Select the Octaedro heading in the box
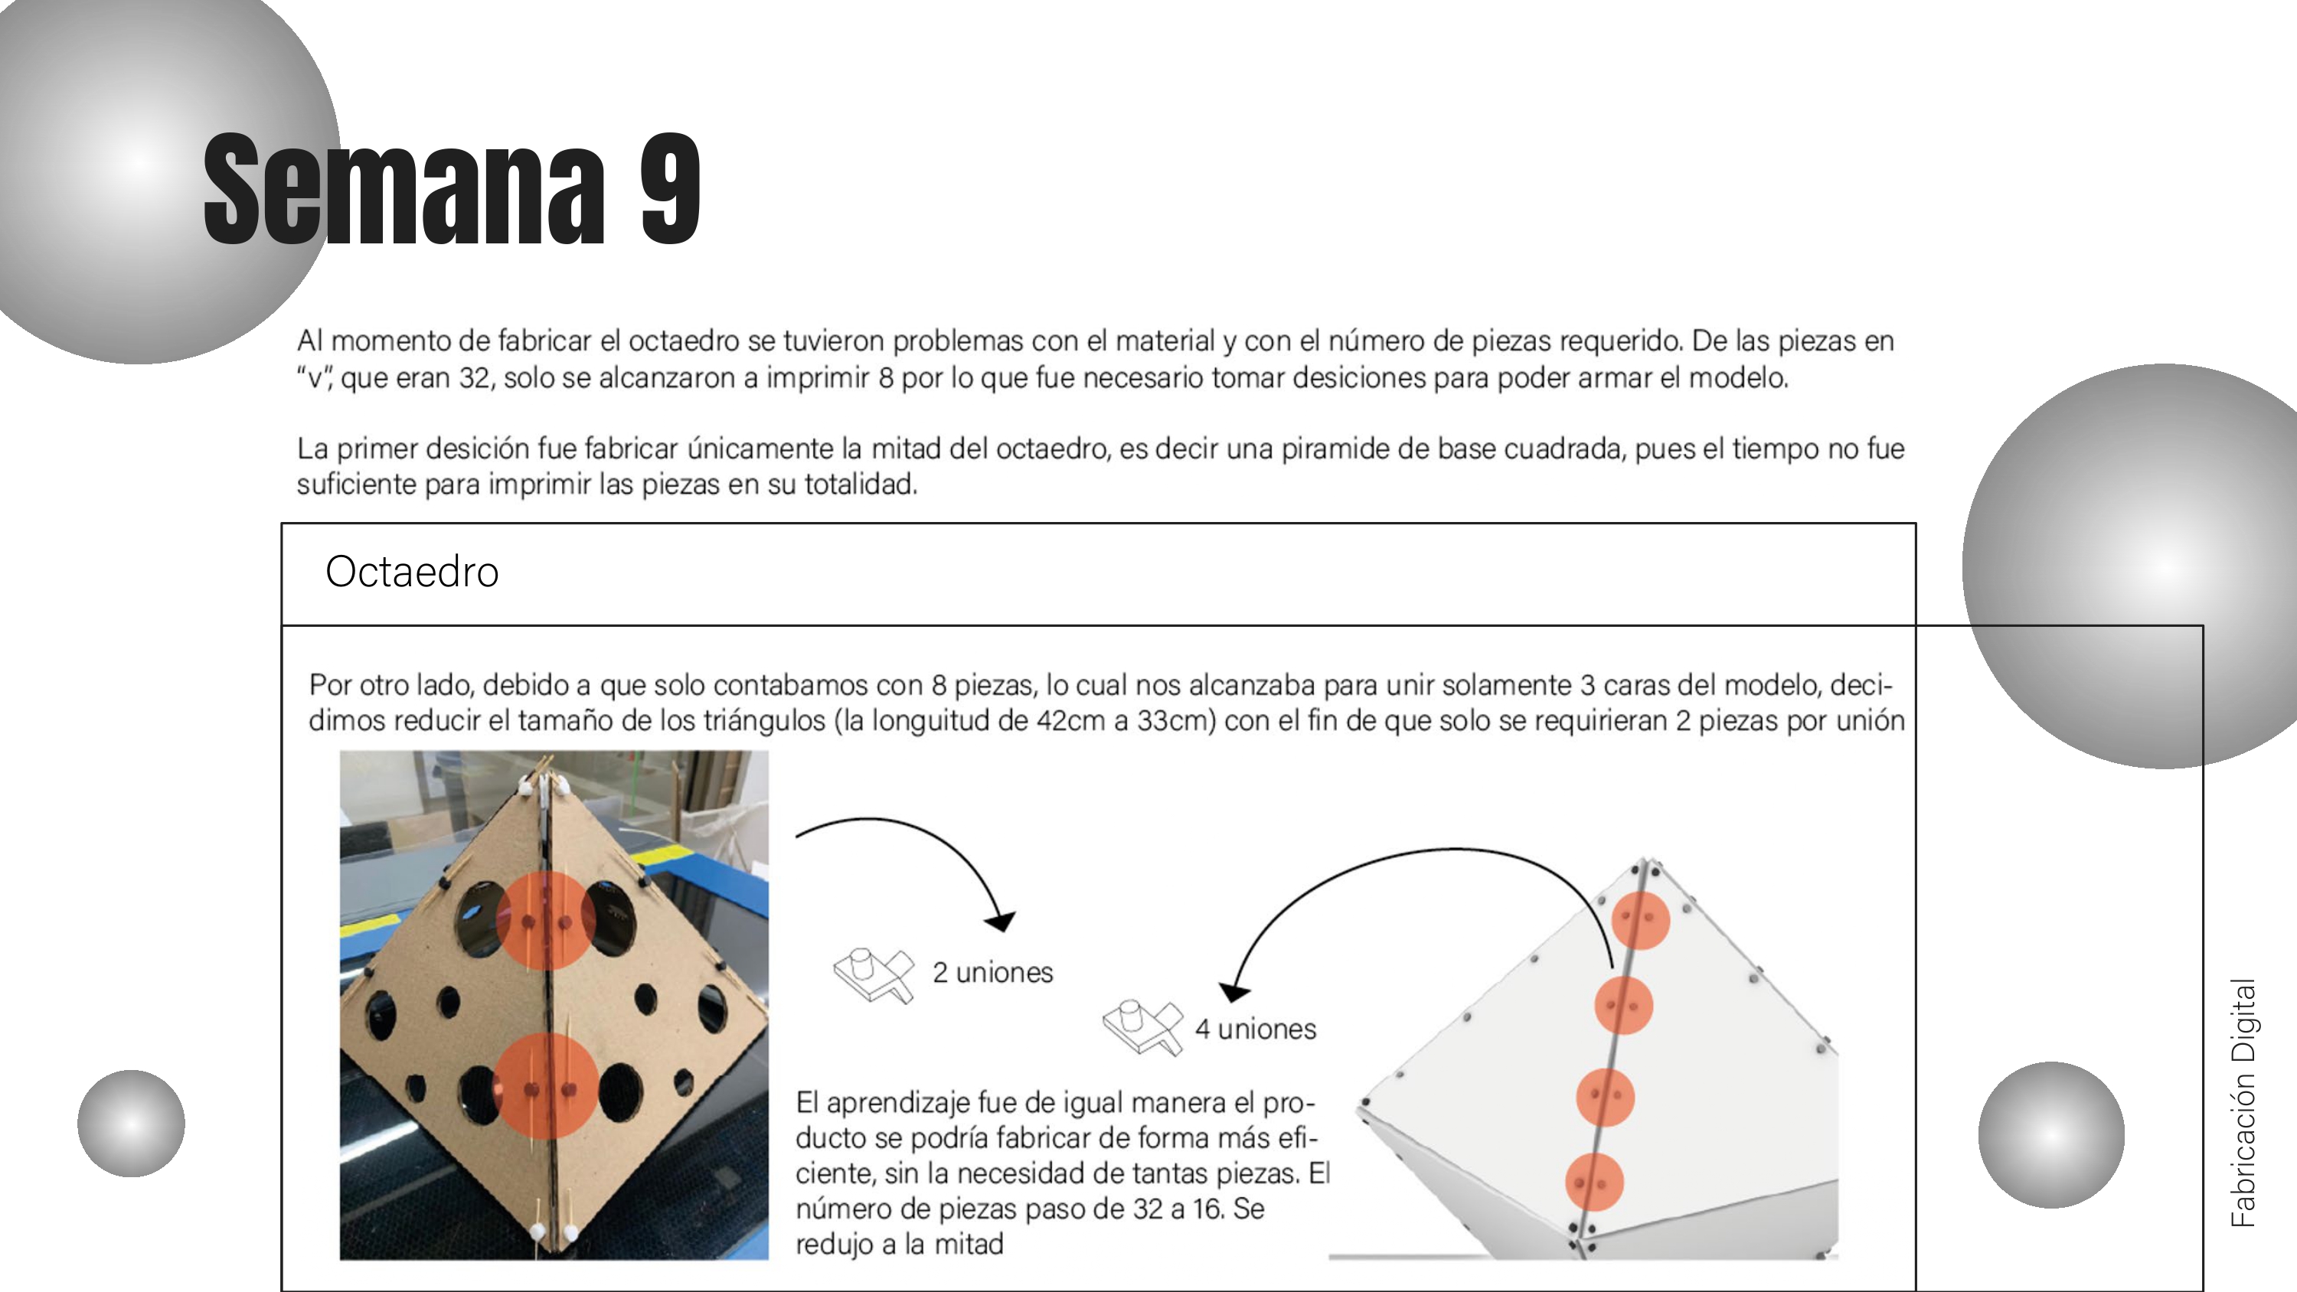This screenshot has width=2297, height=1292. [411, 572]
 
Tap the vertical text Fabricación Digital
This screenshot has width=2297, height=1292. [2243, 1102]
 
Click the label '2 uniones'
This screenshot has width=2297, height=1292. [992, 972]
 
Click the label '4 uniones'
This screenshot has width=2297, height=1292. [1255, 1029]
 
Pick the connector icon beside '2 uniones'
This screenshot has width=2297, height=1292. [874, 974]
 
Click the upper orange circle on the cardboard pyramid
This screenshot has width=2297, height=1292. [545, 920]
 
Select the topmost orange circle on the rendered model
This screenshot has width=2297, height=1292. [1641, 919]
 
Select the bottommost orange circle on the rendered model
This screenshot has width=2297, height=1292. [1593, 1183]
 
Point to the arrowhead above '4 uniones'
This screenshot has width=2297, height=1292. [1234, 990]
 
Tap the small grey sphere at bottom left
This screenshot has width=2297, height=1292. [131, 1124]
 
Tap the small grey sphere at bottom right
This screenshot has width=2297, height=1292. [2051, 1134]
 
